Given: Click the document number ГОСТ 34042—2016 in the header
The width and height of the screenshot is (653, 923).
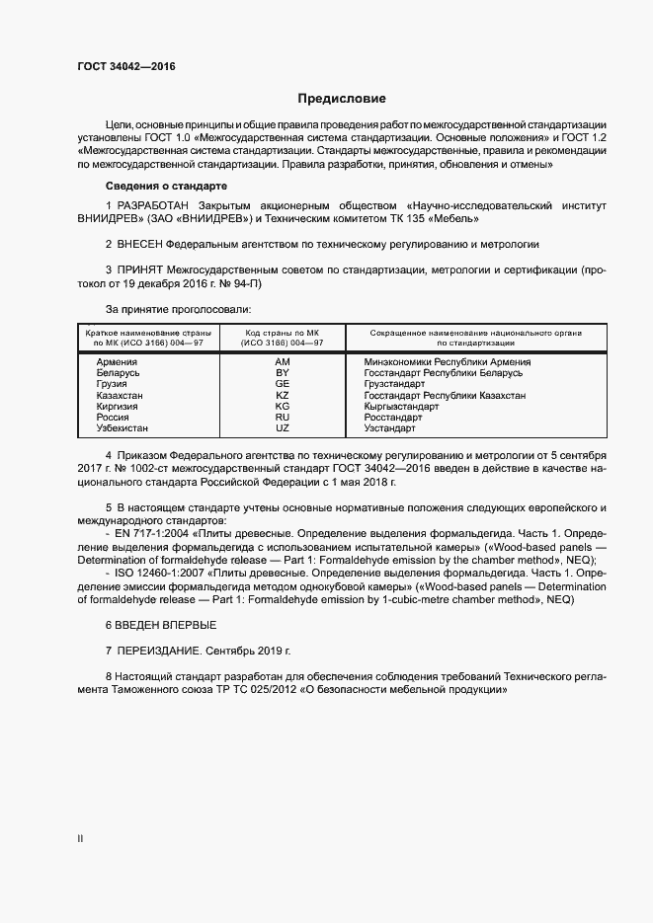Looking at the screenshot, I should coord(120,68).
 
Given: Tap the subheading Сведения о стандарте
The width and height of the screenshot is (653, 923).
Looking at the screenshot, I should coord(167,186).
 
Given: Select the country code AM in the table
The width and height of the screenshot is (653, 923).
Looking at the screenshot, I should coord(283,362).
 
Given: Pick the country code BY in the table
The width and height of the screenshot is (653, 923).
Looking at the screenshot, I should coord(283,373).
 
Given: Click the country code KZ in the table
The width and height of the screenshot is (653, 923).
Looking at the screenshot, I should coord(283,395).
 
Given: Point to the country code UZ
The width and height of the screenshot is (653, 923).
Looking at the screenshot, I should coord(283,427).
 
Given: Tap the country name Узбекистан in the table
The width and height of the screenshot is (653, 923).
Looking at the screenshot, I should coord(123,427).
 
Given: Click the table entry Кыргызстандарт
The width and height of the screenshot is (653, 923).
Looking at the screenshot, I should coord(401,406).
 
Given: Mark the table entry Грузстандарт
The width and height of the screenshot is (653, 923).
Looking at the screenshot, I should coord(395,384).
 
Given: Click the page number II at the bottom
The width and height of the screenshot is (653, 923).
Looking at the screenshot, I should coord(80,838).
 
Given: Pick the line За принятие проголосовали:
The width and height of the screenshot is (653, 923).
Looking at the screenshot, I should coord(166,309).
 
